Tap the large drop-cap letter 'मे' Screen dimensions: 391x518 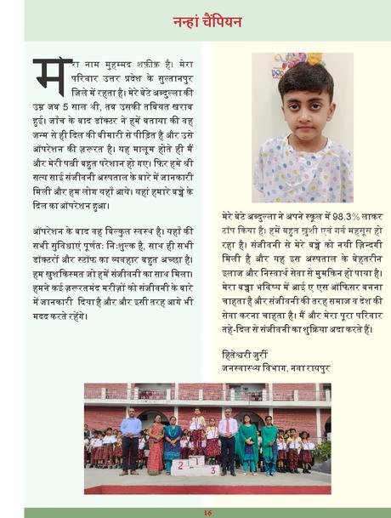click(x=52, y=76)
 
